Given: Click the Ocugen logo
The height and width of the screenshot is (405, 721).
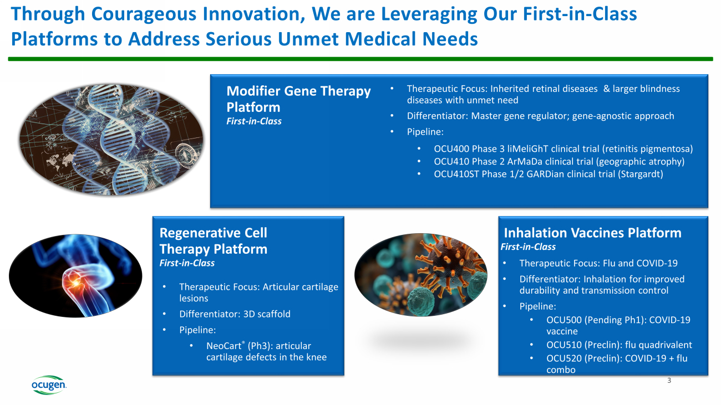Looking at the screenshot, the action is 49,385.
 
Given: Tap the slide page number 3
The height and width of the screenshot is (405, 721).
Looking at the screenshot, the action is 669,381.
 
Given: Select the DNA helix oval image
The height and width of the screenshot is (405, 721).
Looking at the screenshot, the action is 111,140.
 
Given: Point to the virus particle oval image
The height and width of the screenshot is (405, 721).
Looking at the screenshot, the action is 421,275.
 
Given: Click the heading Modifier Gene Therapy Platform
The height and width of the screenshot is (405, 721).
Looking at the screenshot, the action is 298,99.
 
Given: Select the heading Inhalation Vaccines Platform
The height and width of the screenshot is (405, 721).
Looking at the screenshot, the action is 592,233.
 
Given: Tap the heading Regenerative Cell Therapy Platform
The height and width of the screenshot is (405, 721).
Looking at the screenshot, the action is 214,241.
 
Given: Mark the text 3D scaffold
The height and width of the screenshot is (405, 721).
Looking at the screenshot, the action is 267,314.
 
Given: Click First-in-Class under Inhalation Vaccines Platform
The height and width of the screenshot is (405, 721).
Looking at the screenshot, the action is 528,247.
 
